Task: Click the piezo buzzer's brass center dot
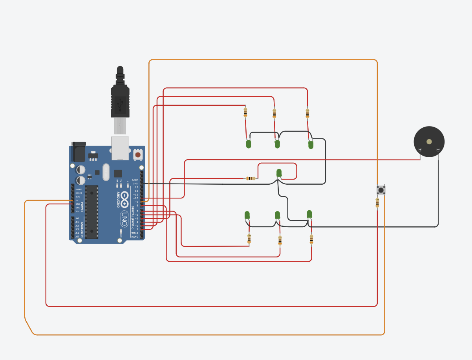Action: click(429, 141)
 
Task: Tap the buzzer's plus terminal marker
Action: click(420, 150)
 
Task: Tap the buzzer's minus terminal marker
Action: click(438, 150)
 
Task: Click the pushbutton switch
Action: click(381, 190)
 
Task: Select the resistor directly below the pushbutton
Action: click(377, 203)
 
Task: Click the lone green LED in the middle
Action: click(279, 173)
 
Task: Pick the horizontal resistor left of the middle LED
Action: click(251, 178)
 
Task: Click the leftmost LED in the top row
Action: click(249, 144)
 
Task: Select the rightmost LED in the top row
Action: click(311, 145)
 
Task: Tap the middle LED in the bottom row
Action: click(277, 215)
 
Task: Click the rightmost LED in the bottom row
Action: click(309, 214)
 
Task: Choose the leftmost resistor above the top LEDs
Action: click(245, 113)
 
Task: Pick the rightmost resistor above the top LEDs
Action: click(307, 114)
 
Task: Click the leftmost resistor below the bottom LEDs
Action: click(249, 239)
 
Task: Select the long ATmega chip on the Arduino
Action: click(92, 212)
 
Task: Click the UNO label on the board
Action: click(124, 219)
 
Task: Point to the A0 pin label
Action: click(77, 219)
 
